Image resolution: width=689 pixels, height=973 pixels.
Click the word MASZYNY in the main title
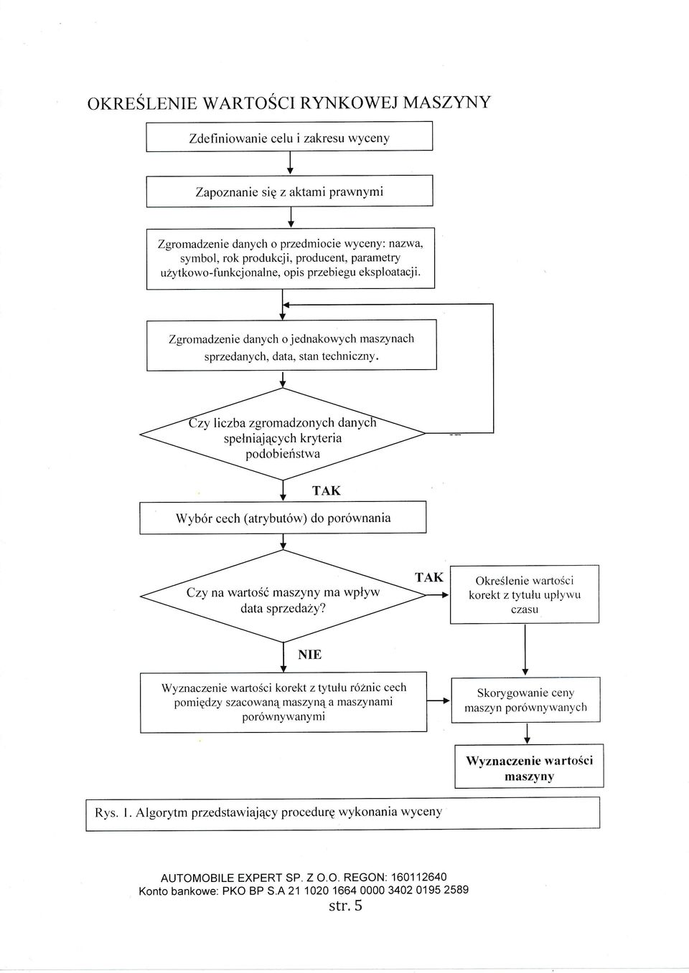(x=447, y=103)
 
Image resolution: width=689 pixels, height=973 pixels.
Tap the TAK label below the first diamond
(x=326, y=491)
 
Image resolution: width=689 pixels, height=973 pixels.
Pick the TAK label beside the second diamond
(x=429, y=577)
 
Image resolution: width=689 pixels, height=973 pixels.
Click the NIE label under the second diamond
(x=309, y=655)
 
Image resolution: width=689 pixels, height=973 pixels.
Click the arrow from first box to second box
(x=290, y=163)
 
